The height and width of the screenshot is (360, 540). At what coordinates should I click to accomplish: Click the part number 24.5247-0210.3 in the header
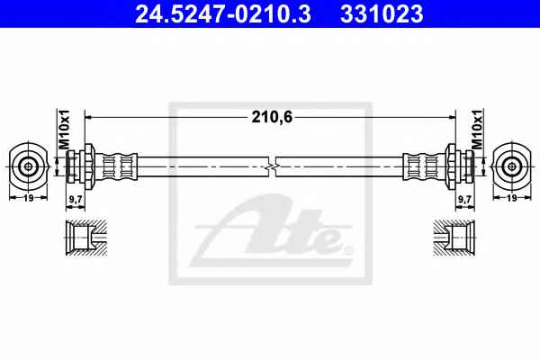tap(223, 14)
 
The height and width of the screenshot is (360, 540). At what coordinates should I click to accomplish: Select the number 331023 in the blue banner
tap(382, 14)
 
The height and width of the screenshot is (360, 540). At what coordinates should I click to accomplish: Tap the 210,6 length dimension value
tap(272, 117)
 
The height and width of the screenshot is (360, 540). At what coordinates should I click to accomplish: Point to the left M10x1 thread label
tap(64, 130)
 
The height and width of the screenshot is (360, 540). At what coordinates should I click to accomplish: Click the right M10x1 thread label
tap(477, 130)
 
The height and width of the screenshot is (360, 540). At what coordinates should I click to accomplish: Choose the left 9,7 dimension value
tap(76, 199)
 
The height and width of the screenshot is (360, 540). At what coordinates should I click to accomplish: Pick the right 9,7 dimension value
tap(465, 199)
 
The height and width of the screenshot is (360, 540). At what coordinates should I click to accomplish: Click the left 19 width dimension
tap(28, 198)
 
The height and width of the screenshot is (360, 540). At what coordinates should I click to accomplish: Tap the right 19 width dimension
tap(512, 198)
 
